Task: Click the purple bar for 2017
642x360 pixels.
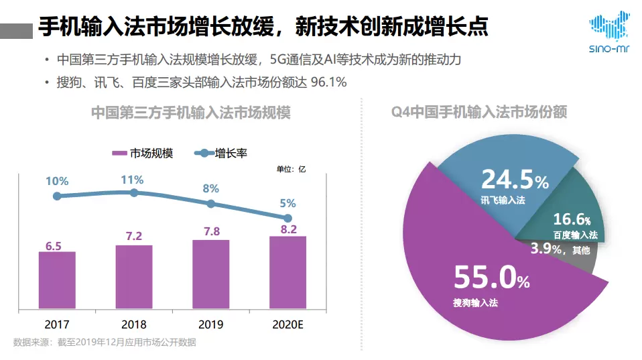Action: tap(57, 281)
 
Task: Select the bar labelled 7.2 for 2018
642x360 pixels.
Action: tap(134, 278)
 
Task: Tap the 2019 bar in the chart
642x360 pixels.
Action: tap(211, 275)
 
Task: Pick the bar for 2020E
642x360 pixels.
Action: tap(288, 273)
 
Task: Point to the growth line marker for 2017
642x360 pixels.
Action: tap(57, 196)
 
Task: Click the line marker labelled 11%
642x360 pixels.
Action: tap(134, 192)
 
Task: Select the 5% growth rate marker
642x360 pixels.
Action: tap(288, 218)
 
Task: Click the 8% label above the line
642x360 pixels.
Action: tap(211, 188)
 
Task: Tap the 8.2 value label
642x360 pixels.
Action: tap(288, 229)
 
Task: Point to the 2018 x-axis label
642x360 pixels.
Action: tap(134, 324)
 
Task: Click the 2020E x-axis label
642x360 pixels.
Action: tap(288, 324)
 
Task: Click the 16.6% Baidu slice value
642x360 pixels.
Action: tap(572, 219)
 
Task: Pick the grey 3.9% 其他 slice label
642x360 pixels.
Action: tap(560, 250)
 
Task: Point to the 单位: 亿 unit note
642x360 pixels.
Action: tap(291, 169)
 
